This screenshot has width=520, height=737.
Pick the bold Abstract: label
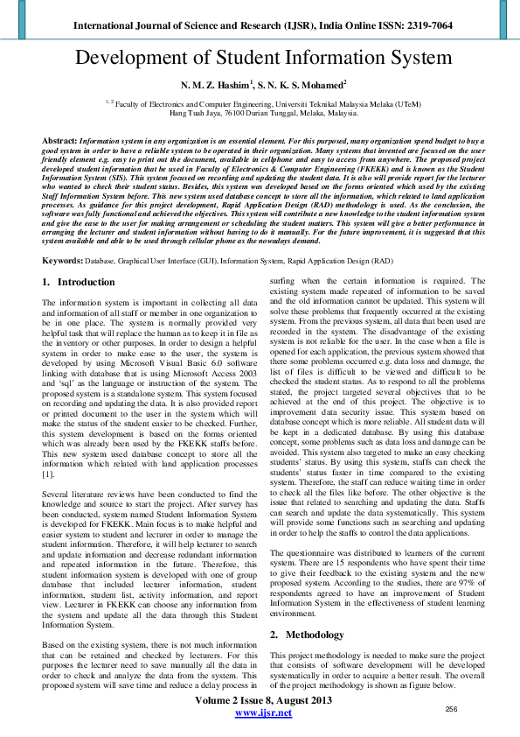(x=59, y=140)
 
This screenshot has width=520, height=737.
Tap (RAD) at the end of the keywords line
(x=382, y=262)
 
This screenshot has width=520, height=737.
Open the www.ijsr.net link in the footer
(x=263, y=713)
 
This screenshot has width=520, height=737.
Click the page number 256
(x=452, y=709)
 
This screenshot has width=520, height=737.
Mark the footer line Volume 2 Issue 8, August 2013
(x=263, y=701)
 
